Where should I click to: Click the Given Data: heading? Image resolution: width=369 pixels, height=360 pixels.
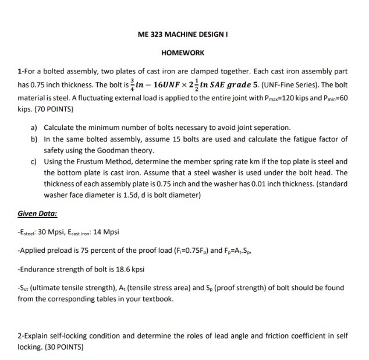(37, 213)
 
